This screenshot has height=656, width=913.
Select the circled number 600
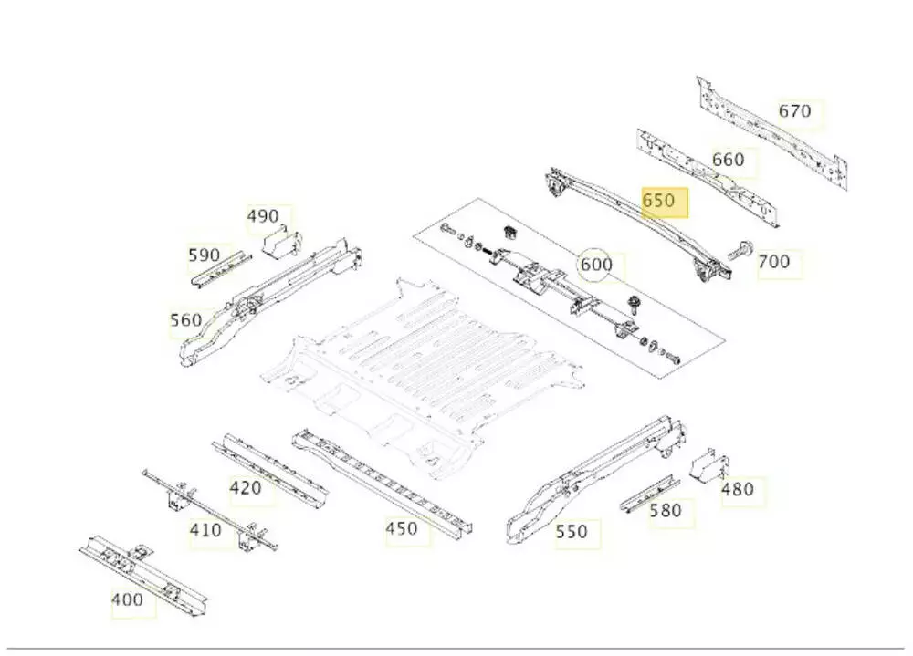click(596, 266)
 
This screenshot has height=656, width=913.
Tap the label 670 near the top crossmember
click(794, 111)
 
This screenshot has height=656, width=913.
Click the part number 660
click(728, 160)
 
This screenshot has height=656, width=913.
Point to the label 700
click(773, 262)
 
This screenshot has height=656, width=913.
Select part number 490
click(263, 216)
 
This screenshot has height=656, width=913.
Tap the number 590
click(205, 255)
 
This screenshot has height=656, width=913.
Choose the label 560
click(185, 320)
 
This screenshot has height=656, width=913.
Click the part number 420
click(246, 488)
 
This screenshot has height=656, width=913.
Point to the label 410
click(205, 529)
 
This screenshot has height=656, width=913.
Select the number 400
click(127, 599)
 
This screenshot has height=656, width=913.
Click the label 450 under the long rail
click(402, 528)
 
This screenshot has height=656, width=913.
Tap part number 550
click(572, 531)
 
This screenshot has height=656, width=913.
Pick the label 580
click(666, 511)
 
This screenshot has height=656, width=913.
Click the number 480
click(738, 489)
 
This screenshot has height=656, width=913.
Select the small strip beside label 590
click(220, 267)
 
